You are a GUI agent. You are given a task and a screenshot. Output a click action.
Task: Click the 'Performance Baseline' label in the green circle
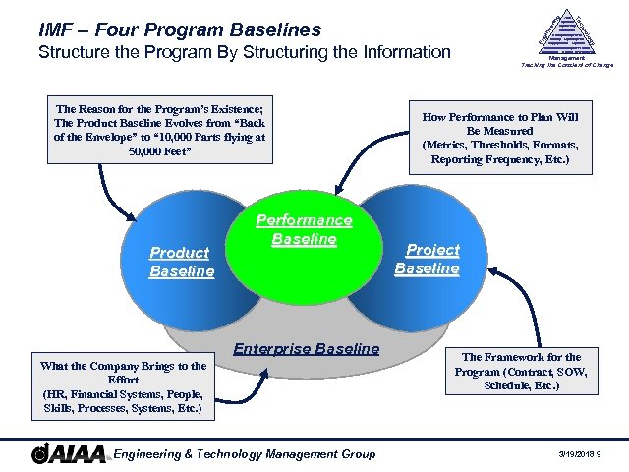click(x=304, y=230)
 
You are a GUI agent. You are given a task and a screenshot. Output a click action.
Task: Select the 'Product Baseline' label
click(x=181, y=262)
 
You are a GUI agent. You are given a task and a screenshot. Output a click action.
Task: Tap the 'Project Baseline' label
click(x=427, y=259)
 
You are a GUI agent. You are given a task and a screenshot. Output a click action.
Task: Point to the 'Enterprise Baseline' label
click(x=306, y=349)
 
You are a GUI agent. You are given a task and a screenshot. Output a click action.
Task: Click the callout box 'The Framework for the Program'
click(x=522, y=372)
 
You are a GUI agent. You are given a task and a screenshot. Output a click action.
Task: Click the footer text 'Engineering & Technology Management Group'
click(x=245, y=454)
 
